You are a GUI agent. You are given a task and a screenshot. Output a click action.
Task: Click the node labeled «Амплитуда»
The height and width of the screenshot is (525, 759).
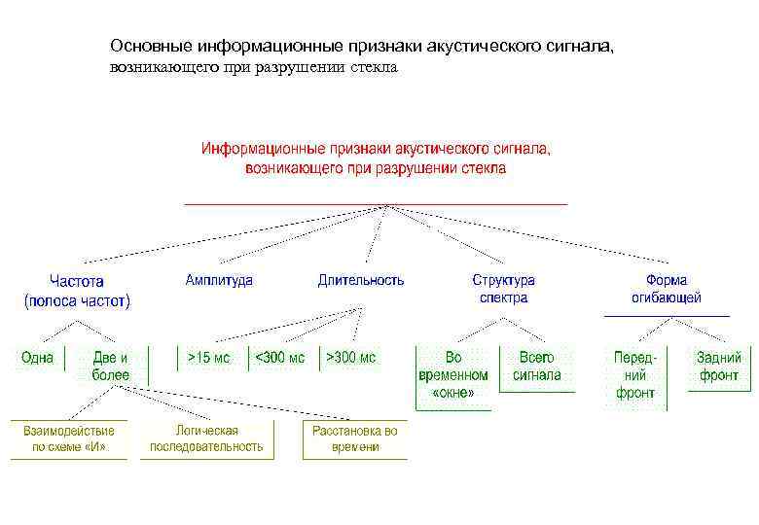pyautogui.click(x=219, y=280)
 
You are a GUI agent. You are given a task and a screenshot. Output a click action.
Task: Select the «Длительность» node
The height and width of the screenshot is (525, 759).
pyautogui.click(x=360, y=280)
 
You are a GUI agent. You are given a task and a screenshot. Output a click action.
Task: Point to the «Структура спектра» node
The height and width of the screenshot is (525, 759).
pyautogui.click(x=503, y=289)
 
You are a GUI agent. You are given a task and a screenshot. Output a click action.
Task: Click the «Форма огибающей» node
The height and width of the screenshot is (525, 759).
pyautogui.click(x=666, y=289)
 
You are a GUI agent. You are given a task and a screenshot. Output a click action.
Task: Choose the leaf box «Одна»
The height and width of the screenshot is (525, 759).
pyautogui.click(x=37, y=358)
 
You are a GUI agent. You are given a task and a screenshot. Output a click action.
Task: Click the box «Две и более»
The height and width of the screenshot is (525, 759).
pyautogui.click(x=110, y=367)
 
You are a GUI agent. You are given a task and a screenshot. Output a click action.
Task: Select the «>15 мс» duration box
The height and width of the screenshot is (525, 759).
pyautogui.click(x=209, y=358)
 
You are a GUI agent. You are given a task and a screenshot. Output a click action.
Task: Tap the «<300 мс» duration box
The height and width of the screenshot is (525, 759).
pyautogui.click(x=279, y=358)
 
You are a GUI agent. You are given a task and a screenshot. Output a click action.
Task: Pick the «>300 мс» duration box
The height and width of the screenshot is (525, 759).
pyautogui.click(x=350, y=358)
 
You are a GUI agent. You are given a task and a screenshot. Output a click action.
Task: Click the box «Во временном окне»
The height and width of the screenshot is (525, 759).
pyautogui.click(x=452, y=375)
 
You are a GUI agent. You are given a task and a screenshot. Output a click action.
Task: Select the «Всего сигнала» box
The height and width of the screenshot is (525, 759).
pyautogui.click(x=536, y=367)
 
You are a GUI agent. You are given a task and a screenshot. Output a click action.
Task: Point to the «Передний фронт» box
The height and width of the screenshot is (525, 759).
pyautogui.click(x=634, y=375)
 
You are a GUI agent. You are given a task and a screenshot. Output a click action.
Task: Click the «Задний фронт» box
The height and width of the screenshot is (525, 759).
pyautogui.click(x=718, y=367)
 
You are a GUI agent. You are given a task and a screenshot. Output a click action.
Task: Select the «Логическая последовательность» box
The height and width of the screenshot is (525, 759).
pyautogui.click(x=206, y=438)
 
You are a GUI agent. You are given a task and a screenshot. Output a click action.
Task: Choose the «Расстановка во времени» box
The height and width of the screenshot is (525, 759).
pyautogui.click(x=354, y=438)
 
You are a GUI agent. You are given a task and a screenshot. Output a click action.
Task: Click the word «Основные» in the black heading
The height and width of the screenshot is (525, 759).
pyautogui.click(x=152, y=47)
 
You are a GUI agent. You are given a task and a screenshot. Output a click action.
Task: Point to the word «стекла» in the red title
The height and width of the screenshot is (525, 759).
pyautogui.click(x=482, y=168)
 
